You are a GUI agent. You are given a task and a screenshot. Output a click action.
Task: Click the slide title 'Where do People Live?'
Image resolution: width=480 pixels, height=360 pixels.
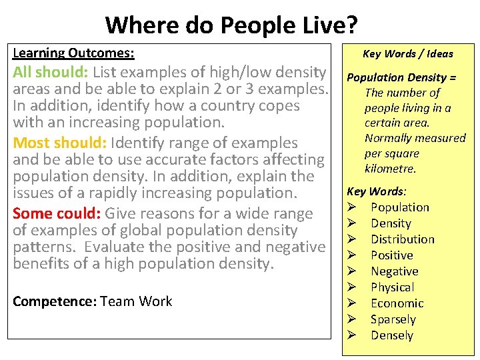point(231,25)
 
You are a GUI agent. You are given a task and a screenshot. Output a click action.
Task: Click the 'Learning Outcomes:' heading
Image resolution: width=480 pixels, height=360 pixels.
point(73,53)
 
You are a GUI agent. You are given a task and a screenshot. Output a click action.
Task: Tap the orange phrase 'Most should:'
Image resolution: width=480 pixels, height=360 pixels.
point(61,143)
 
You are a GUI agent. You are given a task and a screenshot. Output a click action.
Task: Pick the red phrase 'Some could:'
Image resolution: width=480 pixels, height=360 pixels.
point(57,213)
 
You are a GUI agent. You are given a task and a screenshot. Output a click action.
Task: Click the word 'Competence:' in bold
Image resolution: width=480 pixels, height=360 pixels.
point(54,301)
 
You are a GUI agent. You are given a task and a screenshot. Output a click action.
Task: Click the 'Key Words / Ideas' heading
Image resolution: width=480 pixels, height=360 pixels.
point(407,54)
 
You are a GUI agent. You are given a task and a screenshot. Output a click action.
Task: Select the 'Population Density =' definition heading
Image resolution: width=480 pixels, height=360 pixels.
point(402,77)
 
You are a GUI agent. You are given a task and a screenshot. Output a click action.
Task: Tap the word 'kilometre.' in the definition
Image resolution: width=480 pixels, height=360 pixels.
point(390,169)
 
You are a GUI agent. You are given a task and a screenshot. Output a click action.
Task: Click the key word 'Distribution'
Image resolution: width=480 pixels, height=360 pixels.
point(402,239)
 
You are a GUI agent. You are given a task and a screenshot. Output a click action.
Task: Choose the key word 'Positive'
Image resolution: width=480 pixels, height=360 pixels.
point(391,255)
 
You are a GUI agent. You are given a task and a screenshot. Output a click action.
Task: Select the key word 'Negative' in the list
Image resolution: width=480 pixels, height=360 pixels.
point(394,271)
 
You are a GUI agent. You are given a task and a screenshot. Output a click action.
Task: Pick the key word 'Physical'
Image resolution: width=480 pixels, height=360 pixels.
point(392,287)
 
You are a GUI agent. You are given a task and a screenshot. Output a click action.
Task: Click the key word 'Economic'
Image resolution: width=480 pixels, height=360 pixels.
point(397,303)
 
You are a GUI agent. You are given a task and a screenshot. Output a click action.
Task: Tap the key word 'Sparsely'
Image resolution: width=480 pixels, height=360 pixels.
point(393,319)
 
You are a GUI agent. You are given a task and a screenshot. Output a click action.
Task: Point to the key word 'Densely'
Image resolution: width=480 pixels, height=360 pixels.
point(391,335)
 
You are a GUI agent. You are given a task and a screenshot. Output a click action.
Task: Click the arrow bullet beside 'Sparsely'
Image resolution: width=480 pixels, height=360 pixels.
point(353,319)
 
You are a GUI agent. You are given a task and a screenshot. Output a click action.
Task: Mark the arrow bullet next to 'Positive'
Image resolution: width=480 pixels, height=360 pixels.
point(353,255)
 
